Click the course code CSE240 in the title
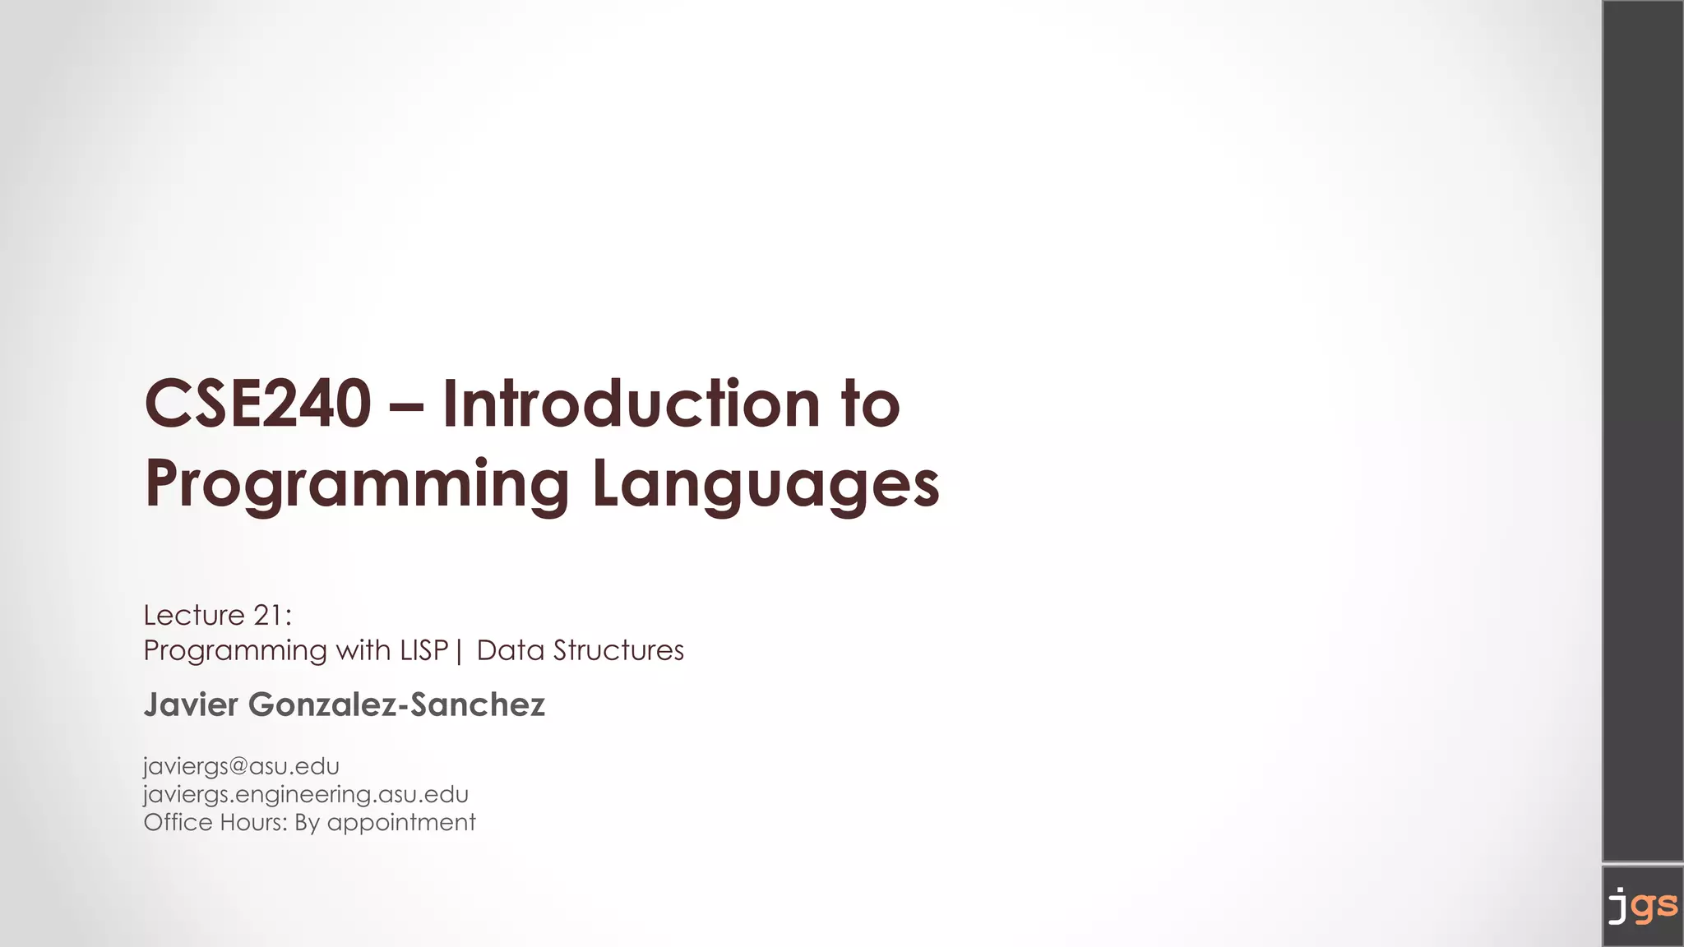257,404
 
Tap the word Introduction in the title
631,404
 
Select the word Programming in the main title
357,484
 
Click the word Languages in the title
765,484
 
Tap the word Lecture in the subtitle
194,615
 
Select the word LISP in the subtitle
423,650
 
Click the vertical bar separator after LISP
459,651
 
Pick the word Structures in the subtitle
618,650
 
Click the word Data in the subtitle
510,650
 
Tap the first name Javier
191,704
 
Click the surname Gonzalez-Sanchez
396,704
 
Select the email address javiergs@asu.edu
241,766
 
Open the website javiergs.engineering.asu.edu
306,794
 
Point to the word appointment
401,823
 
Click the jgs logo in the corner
1642,906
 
